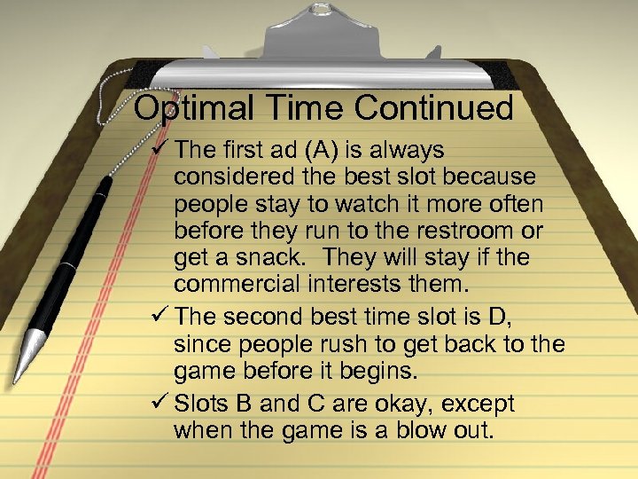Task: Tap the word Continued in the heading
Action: pos(434,108)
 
